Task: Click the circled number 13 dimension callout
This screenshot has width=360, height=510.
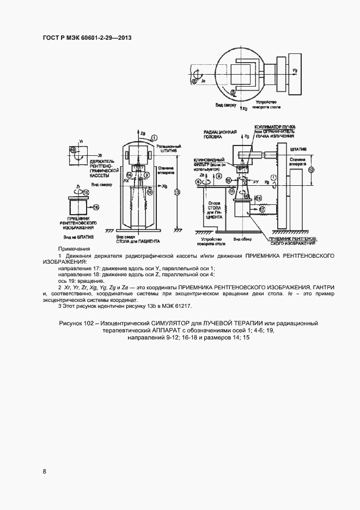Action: (x=176, y=192)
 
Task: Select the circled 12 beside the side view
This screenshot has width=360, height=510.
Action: (x=311, y=169)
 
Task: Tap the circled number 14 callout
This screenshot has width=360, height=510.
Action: (x=130, y=175)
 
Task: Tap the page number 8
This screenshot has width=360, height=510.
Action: (x=44, y=470)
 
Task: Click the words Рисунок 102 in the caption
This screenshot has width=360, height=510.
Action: (x=80, y=324)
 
